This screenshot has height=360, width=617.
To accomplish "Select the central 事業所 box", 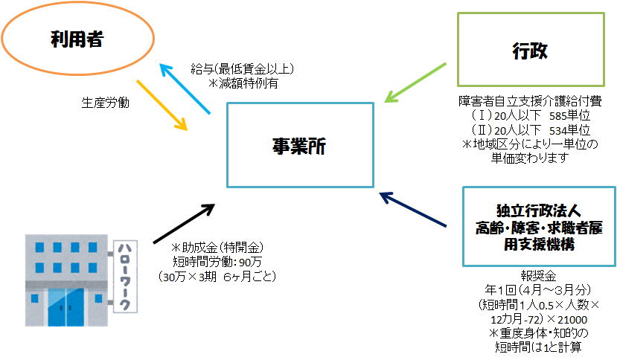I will pos(299,144).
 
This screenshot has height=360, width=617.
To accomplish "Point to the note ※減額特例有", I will pos(243,83).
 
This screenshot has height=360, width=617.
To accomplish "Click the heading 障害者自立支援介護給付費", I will pos(530,103).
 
